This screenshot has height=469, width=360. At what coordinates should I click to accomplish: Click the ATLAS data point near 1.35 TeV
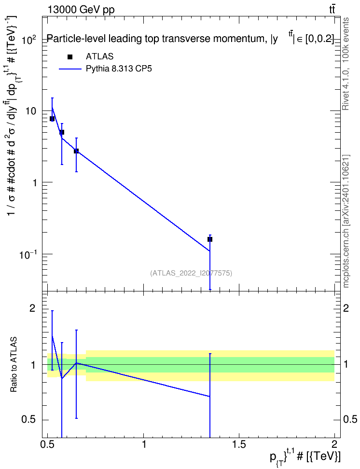click(x=210, y=239)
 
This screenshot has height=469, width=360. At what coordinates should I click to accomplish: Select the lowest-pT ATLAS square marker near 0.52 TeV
click(x=52, y=119)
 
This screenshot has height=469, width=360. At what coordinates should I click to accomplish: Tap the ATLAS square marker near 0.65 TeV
click(x=76, y=151)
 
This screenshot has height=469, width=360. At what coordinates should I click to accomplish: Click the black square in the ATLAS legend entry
click(x=70, y=57)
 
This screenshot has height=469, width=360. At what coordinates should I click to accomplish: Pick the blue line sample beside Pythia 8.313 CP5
click(x=70, y=69)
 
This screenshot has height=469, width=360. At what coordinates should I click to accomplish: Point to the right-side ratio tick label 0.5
click(x=349, y=420)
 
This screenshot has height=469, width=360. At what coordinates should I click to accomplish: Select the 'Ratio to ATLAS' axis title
click(x=14, y=365)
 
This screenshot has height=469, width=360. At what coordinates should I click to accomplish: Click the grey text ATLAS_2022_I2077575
click(x=191, y=273)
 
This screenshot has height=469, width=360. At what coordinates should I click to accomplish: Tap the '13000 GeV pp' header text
click(x=81, y=10)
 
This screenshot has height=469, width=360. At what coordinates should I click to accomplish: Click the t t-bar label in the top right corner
click(x=332, y=9)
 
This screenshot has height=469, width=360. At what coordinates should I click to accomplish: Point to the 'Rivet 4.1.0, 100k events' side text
click(x=346, y=64)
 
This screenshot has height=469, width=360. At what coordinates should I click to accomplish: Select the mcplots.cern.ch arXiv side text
click(x=346, y=221)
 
